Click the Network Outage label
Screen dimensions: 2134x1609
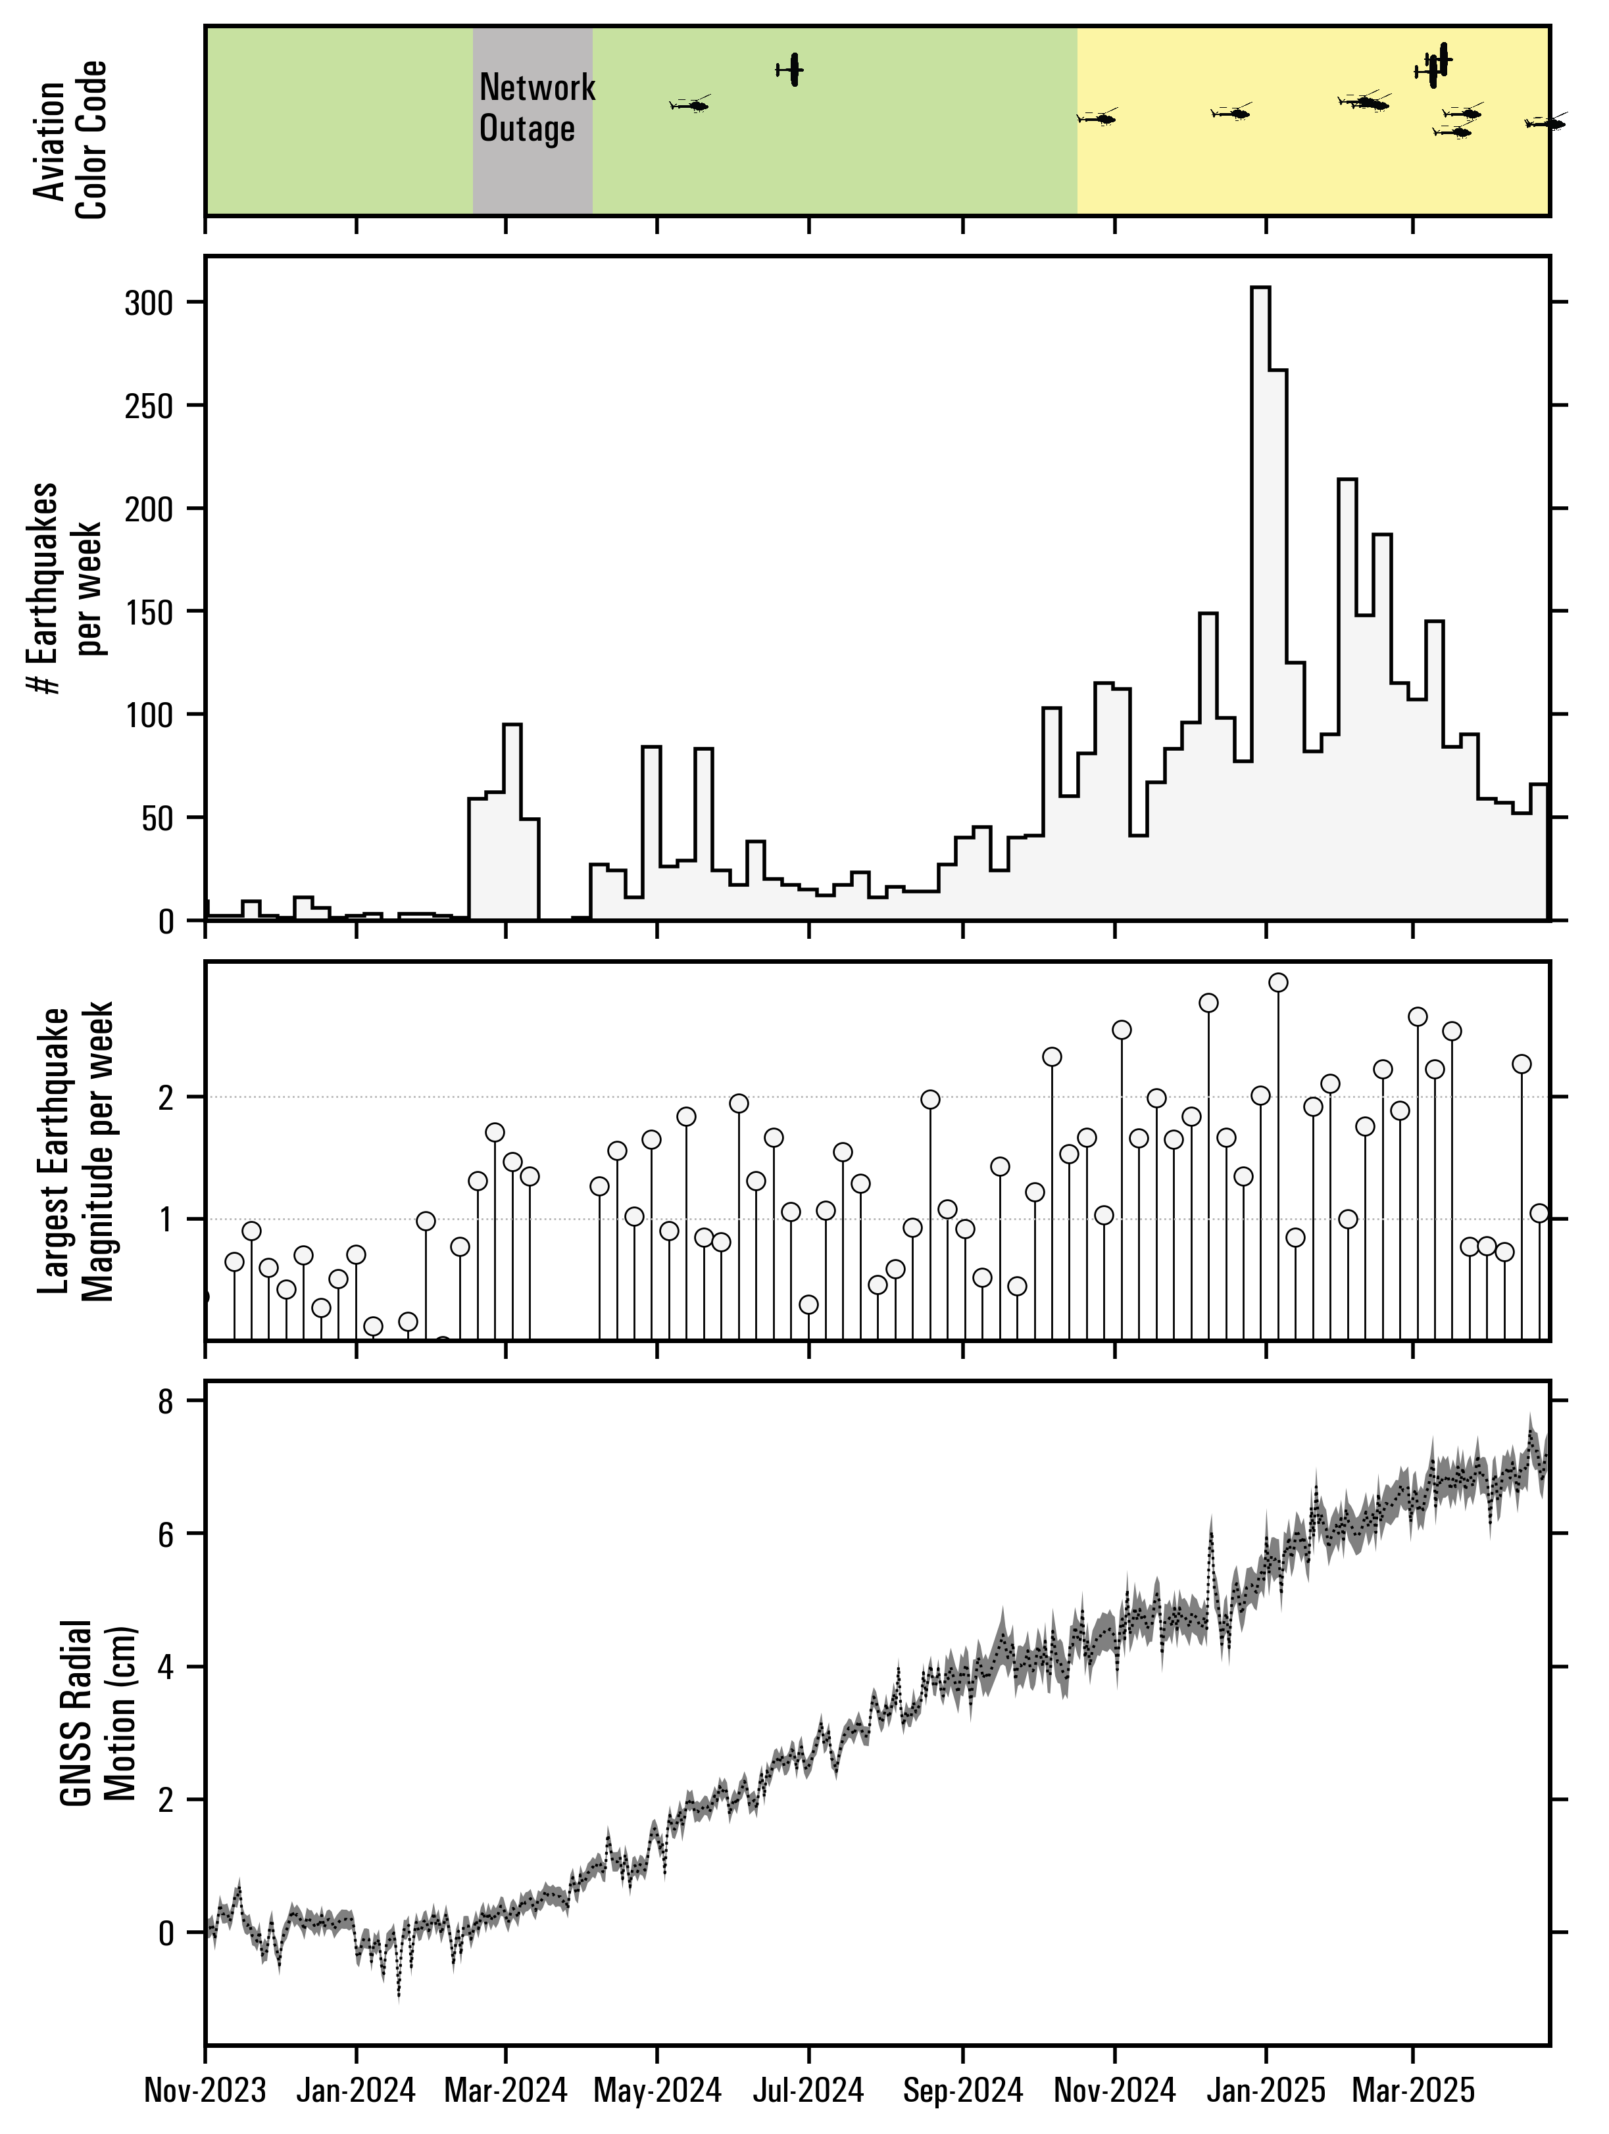(x=537, y=107)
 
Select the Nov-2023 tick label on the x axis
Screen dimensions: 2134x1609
(x=205, y=2091)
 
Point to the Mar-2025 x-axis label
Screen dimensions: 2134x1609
(x=1413, y=2091)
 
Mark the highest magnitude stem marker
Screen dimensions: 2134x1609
(x=1279, y=983)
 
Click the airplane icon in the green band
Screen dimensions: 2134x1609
(x=793, y=70)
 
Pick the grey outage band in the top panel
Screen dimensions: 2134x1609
(x=532, y=174)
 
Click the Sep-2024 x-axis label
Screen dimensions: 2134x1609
(x=962, y=2091)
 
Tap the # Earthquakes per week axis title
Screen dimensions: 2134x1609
(x=66, y=588)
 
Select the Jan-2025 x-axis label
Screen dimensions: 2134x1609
(x=1266, y=2091)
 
